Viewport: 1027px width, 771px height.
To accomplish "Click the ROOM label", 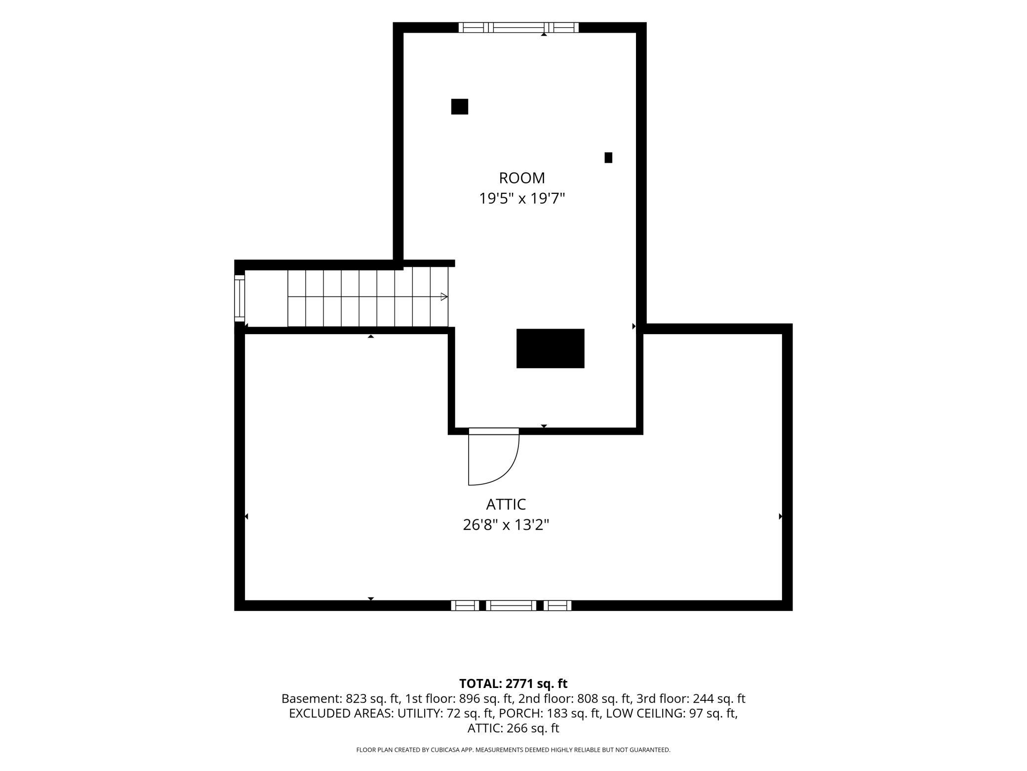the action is coord(522,178).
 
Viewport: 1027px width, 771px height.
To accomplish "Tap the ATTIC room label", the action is coord(506,504).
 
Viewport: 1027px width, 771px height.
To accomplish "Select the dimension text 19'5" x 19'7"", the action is coord(522,199).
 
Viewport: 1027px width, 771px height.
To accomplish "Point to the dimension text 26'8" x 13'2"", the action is coord(506,524).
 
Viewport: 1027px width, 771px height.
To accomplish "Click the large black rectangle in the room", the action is coord(550,348).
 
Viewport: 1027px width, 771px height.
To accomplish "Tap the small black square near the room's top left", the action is coord(460,107).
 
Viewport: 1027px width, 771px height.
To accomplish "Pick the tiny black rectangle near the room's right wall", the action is coord(608,158).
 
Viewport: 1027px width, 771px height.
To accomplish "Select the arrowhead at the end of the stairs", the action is coord(444,297).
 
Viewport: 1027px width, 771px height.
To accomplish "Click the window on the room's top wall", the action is coord(518,28).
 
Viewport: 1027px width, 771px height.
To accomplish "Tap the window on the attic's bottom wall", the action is coord(511,605).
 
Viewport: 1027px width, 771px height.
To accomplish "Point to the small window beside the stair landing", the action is coord(239,299).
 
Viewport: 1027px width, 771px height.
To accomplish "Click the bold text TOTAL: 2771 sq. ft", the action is coord(513,684).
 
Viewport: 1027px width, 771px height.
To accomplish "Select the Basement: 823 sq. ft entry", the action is coord(340,699).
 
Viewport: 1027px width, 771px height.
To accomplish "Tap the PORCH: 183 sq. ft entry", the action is coord(549,714).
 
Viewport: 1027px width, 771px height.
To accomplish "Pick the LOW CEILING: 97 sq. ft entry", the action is coord(671,714).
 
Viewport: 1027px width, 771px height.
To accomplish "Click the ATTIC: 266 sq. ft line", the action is coord(513,728).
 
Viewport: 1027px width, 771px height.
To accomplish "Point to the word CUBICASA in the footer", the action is coord(444,750).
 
